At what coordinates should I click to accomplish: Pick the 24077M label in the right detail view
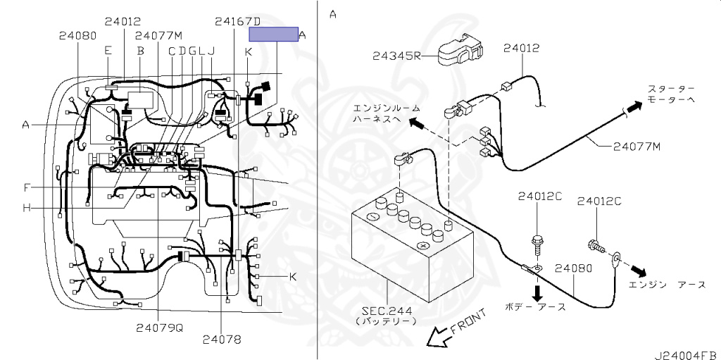[635, 147]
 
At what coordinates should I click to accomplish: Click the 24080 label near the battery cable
[572, 268]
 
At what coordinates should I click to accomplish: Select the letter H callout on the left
[26, 207]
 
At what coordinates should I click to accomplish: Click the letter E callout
[107, 50]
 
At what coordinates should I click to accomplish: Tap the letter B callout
[140, 51]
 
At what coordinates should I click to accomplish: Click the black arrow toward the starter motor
[634, 106]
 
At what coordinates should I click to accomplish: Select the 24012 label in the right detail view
[521, 48]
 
